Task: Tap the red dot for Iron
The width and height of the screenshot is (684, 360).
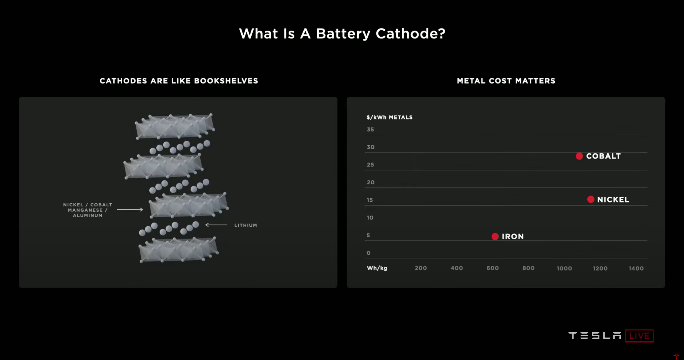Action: pos(495,236)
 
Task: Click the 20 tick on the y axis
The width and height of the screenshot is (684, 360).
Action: pos(370,182)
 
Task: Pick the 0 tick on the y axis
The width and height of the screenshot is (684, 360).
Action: pos(369,253)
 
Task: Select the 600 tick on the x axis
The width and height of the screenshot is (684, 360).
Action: pos(492,268)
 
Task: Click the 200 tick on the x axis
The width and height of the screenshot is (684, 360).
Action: pos(421,268)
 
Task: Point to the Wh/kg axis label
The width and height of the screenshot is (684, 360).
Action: pos(377,268)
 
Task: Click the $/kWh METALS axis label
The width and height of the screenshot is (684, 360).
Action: pos(389,117)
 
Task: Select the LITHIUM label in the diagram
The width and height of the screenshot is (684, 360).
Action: pos(246,225)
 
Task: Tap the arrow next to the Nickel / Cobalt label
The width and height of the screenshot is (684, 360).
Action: pos(130,210)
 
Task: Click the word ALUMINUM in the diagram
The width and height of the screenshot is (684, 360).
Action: pos(88,215)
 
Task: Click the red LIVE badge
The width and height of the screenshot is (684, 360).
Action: pos(639,336)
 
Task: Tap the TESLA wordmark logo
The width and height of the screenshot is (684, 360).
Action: pos(595,336)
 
